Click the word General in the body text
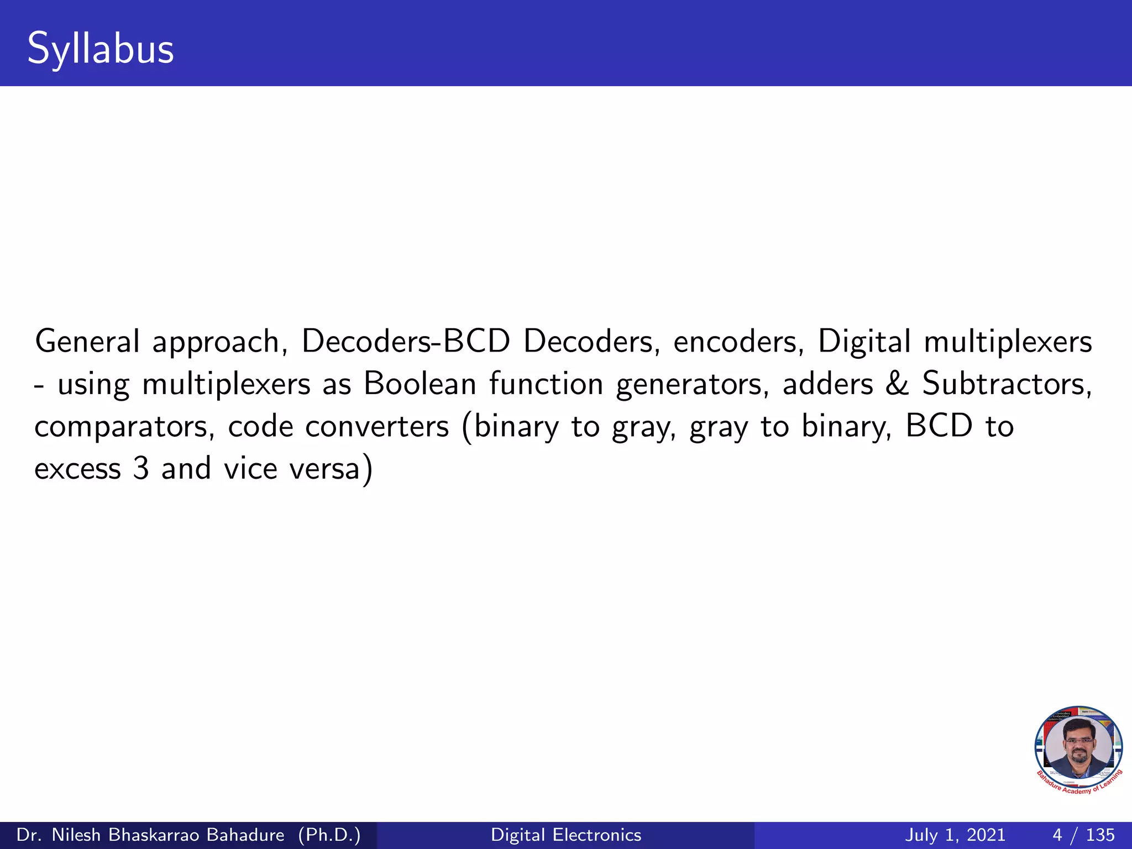(87, 341)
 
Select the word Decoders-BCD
(406, 341)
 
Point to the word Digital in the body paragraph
(864, 341)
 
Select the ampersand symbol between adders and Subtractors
(897, 384)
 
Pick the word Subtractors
(1007, 384)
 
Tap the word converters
(378, 427)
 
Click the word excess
(77, 469)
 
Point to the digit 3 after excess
(141, 469)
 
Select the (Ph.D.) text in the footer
(329, 835)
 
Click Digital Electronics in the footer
(566, 835)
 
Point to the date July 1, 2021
(955, 835)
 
